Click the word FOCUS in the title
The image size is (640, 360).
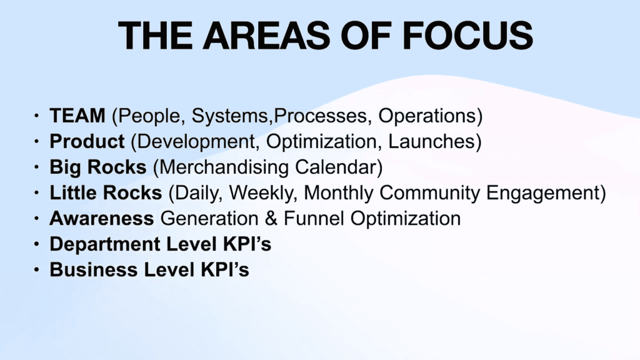467,35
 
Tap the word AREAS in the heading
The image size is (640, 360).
266,35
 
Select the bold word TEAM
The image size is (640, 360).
77,116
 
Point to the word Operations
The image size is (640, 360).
430,116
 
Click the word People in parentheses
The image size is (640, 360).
146,116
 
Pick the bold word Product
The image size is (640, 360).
87,141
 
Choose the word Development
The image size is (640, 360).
195,142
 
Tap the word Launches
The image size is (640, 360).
435,142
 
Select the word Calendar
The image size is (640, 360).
339,167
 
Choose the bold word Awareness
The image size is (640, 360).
102,218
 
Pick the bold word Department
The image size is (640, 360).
105,244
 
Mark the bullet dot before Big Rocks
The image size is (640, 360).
37,167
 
